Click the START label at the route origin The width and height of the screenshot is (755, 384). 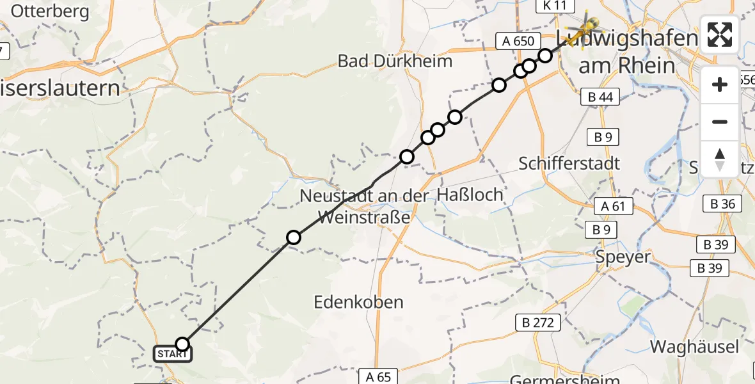171,354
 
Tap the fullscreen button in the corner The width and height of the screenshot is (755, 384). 720,35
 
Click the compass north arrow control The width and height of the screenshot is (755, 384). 720,159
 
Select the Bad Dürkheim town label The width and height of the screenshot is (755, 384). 395,61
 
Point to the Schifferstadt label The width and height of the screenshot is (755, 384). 569,163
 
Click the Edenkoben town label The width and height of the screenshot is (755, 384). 359,302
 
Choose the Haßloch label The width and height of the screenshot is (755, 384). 470,195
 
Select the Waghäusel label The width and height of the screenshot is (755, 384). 694,347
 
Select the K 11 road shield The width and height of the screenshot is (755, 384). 552,6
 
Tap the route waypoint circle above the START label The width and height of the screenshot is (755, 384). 182,344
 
